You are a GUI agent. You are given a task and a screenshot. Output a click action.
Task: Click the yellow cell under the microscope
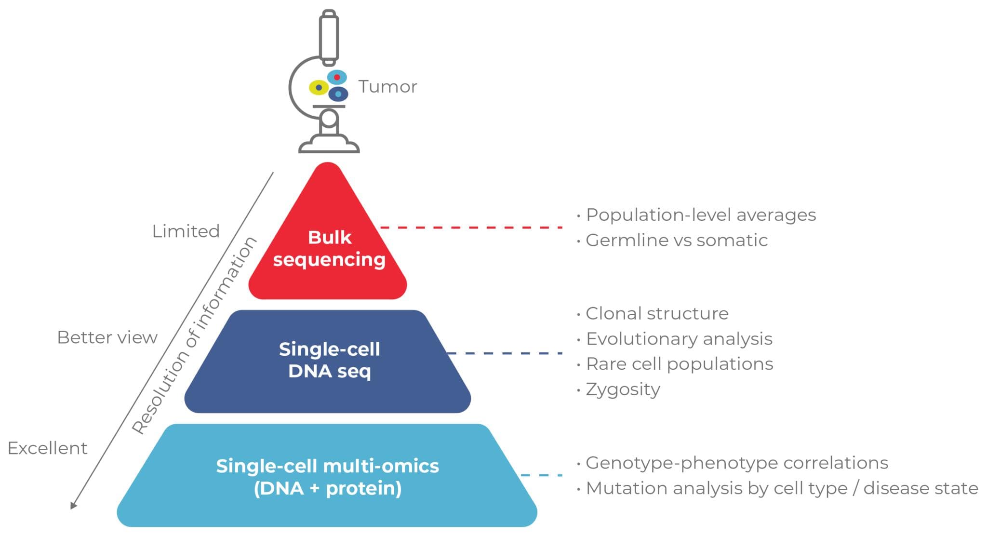coord(318,88)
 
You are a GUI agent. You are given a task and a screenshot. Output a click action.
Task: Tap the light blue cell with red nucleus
coord(337,77)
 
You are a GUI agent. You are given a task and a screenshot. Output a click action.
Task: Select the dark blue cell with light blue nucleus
coord(338,94)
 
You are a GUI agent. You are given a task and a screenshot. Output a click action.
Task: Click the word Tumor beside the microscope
coord(387,87)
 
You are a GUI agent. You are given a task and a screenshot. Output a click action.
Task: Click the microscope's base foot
coord(329,145)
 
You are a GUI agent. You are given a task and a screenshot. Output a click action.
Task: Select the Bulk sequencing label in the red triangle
coord(329,249)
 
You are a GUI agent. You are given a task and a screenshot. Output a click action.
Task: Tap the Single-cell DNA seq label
coord(329,360)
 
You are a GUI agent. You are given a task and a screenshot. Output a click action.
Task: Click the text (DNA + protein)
coord(328,488)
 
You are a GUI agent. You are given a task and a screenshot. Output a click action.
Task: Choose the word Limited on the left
coord(186,231)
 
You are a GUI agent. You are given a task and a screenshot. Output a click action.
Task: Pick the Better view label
coord(107,337)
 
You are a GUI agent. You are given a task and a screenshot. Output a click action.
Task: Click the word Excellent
coord(47,448)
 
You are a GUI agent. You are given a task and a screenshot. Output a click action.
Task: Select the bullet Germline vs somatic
coord(676,240)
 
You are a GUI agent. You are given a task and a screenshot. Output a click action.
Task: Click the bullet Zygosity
coord(623,389)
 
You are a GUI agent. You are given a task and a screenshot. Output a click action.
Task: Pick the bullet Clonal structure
coord(656,314)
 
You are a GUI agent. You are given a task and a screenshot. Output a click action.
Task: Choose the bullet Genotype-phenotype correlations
coord(736,463)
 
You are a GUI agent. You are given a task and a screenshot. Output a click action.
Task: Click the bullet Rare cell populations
coord(679,364)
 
